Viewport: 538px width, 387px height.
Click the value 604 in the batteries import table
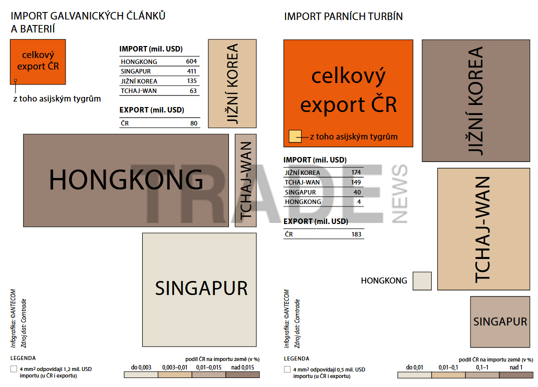tap(191, 61)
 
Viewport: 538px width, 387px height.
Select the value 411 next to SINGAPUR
tap(192, 71)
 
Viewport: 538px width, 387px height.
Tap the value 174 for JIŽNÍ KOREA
tap(356, 172)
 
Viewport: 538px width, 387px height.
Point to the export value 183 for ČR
tap(357, 234)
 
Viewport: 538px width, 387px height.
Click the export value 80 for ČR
tap(194, 123)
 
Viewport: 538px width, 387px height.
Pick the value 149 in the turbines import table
tap(356, 182)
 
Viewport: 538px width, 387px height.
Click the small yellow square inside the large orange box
tap(295, 136)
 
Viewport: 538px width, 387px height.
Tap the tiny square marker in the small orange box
tap(16, 80)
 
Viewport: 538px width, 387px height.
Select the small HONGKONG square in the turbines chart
tap(422, 281)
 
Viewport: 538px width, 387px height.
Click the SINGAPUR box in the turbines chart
tap(500, 322)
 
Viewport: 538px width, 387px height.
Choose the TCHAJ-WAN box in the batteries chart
tap(245, 180)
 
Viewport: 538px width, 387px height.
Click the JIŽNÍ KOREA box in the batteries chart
tap(232, 83)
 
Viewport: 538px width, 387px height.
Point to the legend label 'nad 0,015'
tap(242, 367)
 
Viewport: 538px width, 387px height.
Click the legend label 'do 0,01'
tap(414, 367)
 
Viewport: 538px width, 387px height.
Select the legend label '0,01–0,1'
tap(448, 367)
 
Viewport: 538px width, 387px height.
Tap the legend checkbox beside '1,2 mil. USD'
tap(14, 369)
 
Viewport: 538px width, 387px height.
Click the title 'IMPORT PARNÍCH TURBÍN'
tap(344, 16)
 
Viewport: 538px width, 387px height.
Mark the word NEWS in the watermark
tap(400, 194)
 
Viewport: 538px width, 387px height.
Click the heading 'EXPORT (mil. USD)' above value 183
tap(316, 221)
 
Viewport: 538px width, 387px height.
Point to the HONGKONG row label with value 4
tap(303, 201)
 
